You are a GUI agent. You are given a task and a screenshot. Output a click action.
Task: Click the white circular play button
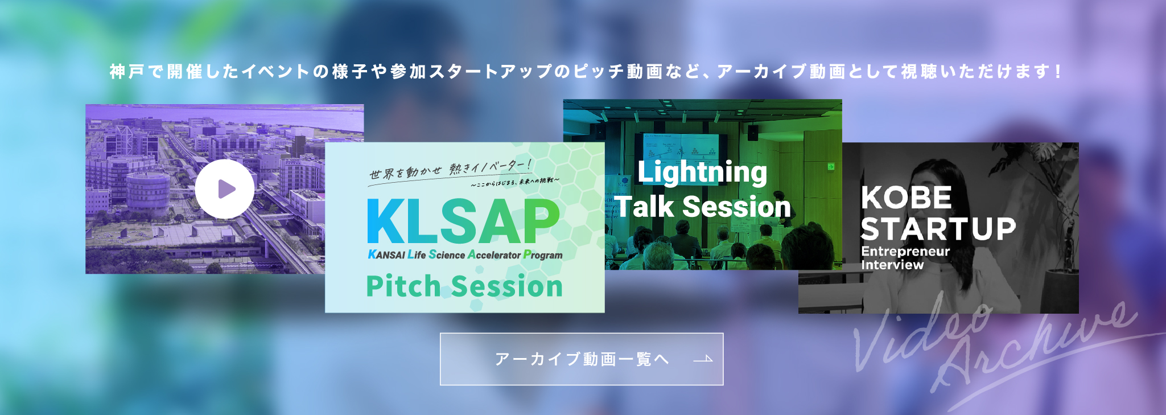(225, 189)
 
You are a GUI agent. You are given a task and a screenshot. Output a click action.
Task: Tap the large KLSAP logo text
(463, 222)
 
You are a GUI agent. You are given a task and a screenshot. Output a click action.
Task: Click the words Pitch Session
(464, 286)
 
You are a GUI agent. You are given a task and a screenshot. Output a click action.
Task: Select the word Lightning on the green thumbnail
(702, 172)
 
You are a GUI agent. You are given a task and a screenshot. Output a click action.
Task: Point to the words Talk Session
(703, 207)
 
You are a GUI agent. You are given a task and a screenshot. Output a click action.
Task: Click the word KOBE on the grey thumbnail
(906, 198)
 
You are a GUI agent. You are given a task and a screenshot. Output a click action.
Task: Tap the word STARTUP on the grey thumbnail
(938, 229)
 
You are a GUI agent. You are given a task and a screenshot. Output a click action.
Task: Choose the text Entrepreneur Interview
(905, 258)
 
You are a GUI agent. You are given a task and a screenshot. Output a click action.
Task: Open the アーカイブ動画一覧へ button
(581, 359)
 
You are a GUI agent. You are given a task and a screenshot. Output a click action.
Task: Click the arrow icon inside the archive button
(703, 359)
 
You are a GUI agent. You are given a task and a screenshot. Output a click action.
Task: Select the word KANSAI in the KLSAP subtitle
(386, 255)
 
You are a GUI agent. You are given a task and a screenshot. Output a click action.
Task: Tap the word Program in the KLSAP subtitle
(543, 255)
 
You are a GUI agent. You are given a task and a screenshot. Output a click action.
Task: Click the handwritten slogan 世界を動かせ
(405, 172)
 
